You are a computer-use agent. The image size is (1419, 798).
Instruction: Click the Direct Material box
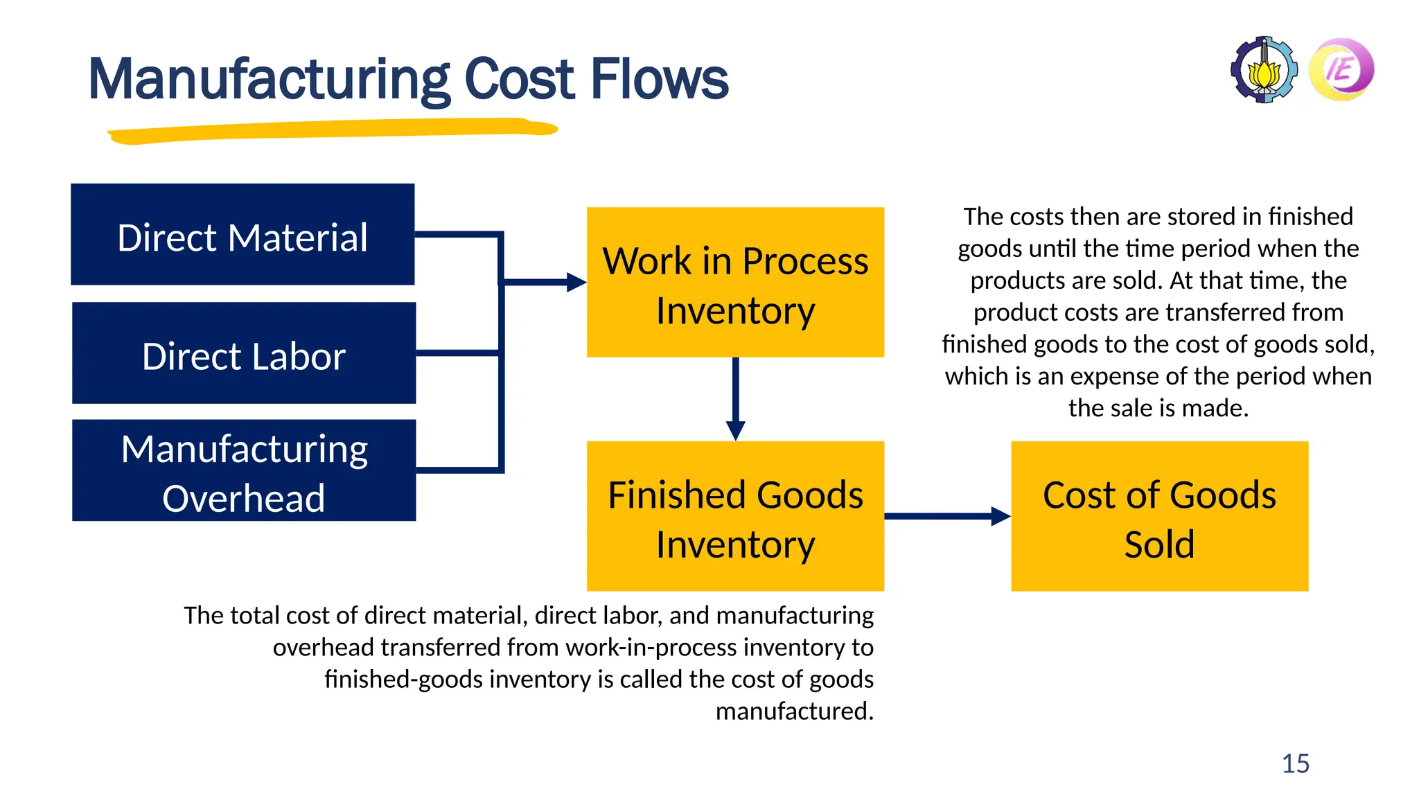[x=243, y=234]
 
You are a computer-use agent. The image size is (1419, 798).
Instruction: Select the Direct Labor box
[x=244, y=353]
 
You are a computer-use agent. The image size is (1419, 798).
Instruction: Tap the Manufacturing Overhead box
[x=244, y=470]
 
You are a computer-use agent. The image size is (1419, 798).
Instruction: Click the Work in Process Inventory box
[x=735, y=282]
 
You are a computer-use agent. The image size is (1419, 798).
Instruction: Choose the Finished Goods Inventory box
[x=735, y=516]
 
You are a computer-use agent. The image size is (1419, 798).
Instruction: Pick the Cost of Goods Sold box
[x=1159, y=516]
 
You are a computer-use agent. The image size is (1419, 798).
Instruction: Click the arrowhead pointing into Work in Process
[x=576, y=282]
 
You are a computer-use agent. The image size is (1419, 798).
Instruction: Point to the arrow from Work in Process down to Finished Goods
[x=735, y=398]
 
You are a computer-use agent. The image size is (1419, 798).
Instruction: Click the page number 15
[x=1295, y=763]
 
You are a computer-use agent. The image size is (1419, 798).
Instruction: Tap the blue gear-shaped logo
[x=1264, y=70]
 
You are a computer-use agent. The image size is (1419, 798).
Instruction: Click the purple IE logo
[x=1341, y=69]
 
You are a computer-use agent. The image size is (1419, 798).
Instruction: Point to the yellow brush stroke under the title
[x=333, y=130]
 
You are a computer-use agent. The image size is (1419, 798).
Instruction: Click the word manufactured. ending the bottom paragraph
[x=794, y=711]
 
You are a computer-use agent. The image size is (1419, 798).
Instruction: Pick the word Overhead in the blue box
[x=244, y=498]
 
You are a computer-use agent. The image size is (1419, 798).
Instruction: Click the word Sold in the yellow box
[x=1159, y=544]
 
